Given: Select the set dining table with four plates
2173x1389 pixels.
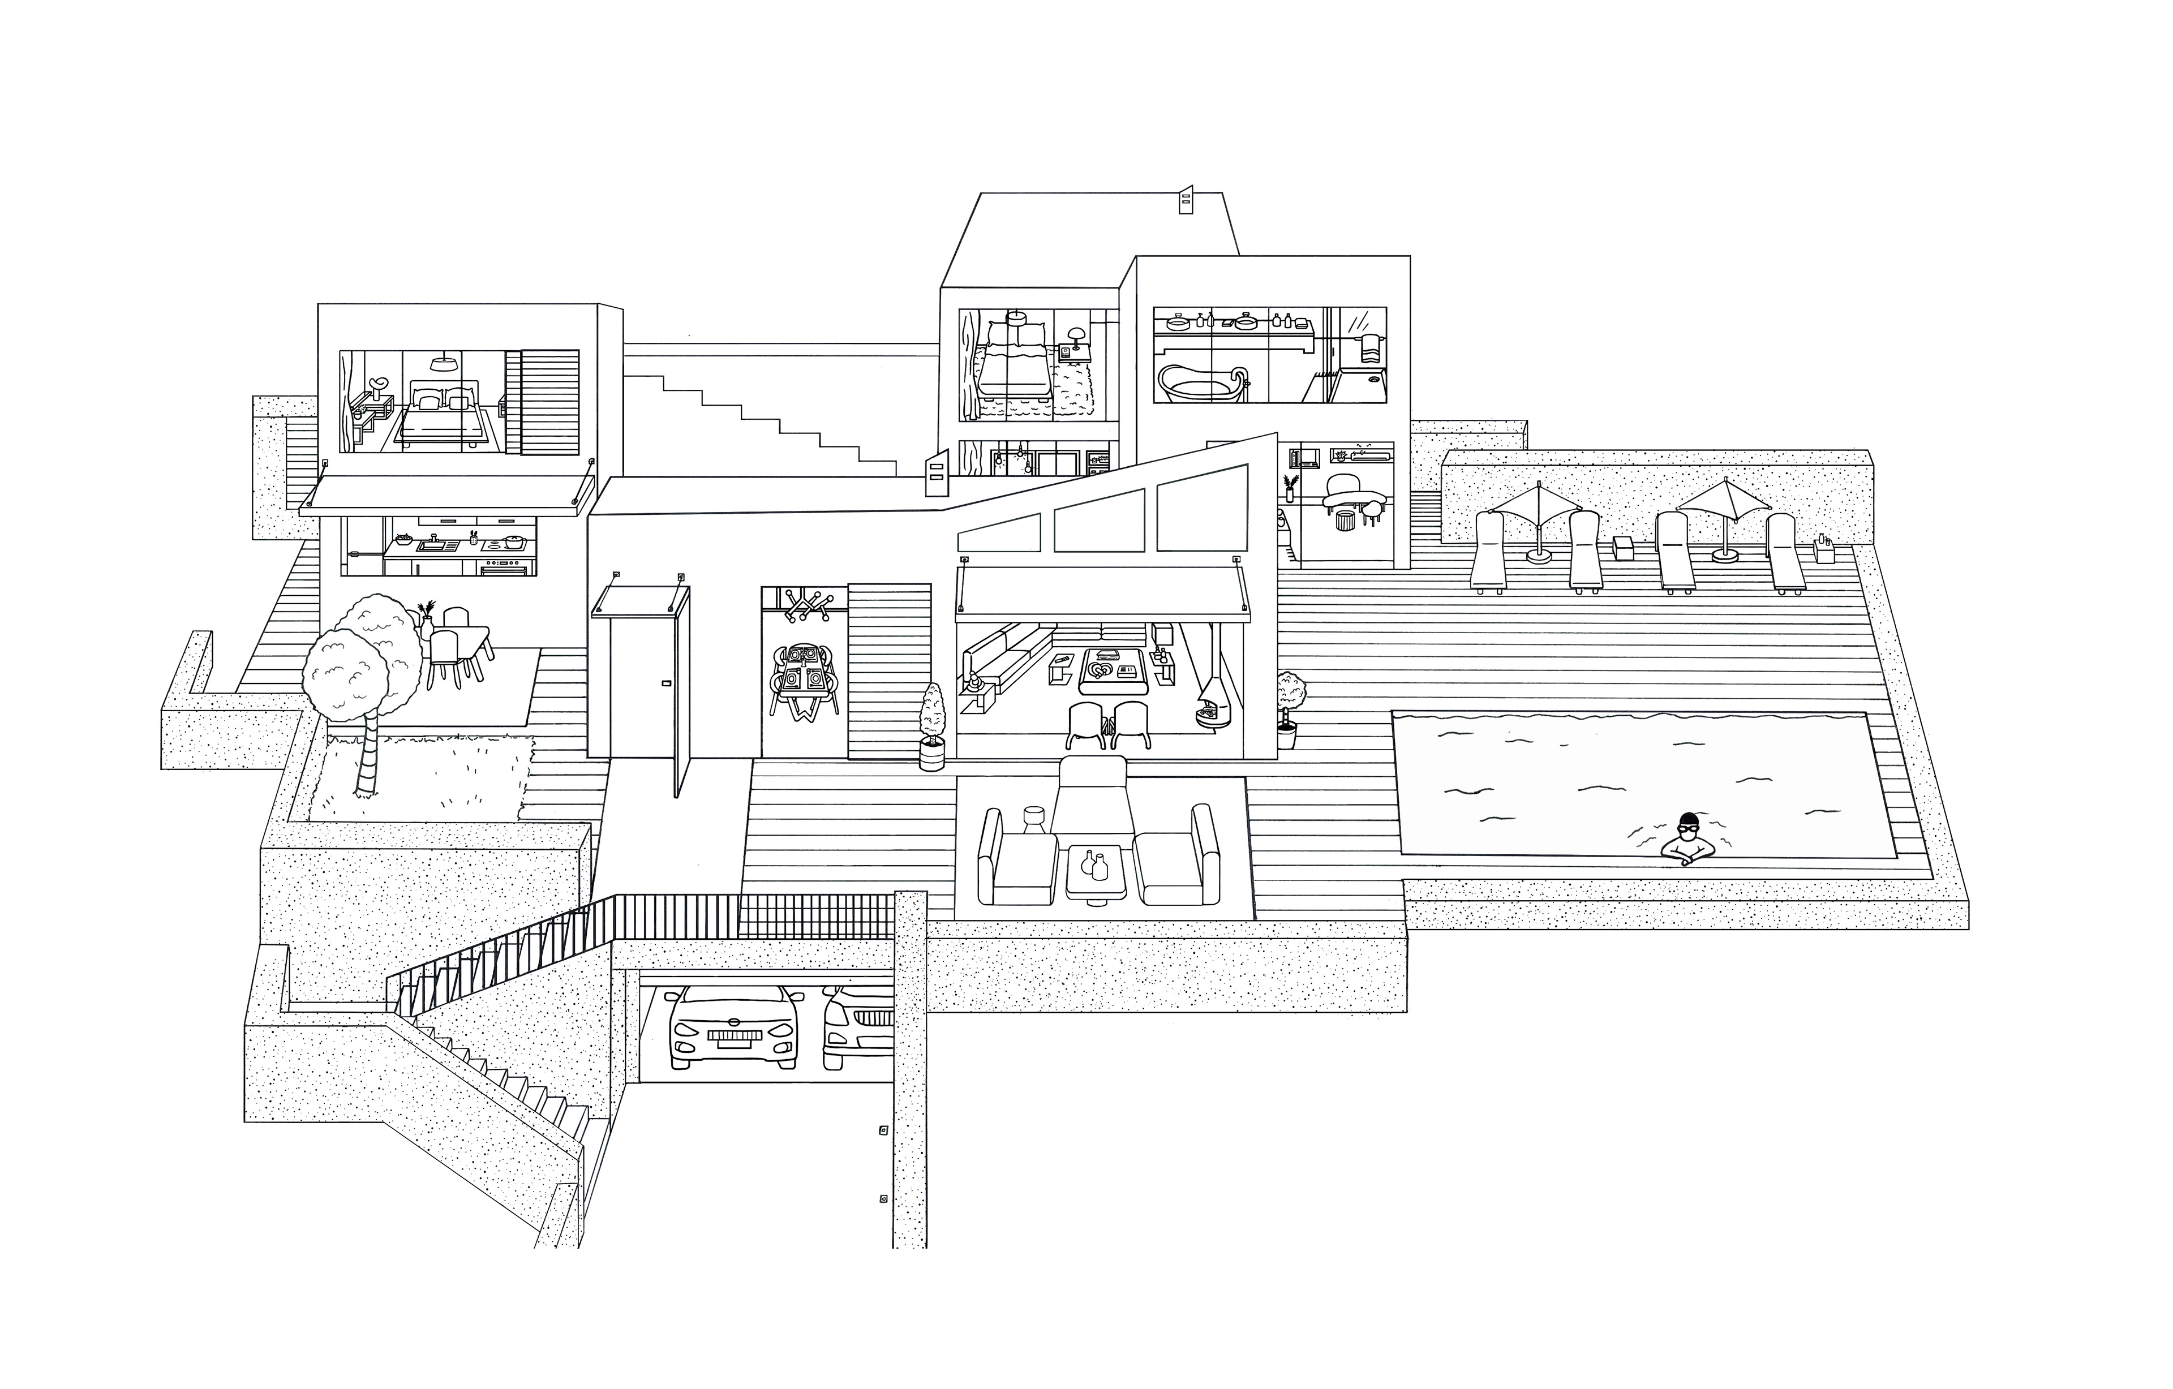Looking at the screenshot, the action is coord(802,672).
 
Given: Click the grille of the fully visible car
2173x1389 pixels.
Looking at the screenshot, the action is coord(733,1035).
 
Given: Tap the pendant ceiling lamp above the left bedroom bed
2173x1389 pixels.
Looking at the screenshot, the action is coord(442,363).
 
